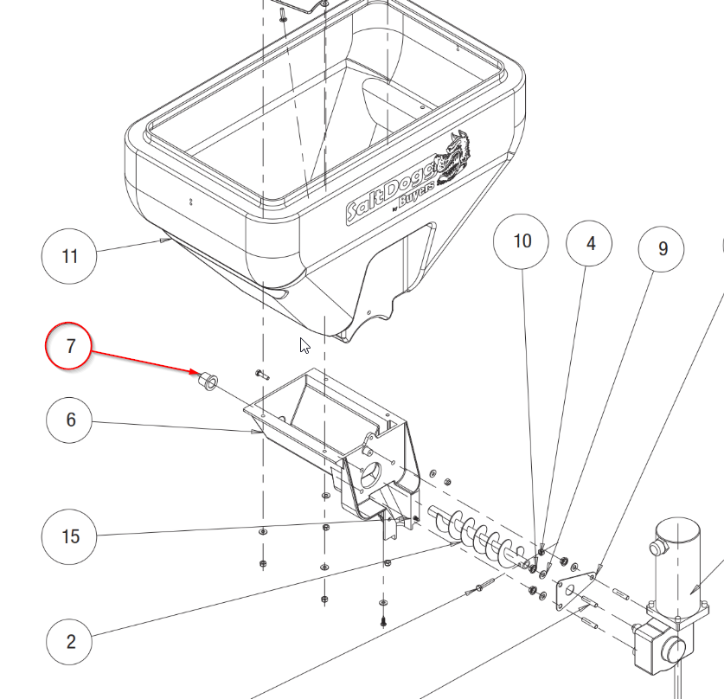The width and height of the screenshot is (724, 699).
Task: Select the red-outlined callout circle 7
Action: tap(71, 346)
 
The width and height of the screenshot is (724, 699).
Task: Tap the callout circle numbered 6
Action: tap(71, 420)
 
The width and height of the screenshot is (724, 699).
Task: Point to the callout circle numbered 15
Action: tap(71, 536)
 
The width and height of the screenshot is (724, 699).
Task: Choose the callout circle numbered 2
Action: tap(71, 641)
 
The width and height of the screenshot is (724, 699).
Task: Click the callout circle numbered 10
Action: tap(522, 240)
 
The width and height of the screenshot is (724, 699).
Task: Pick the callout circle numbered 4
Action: tap(591, 244)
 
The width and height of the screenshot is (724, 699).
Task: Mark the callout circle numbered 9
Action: tap(663, 249)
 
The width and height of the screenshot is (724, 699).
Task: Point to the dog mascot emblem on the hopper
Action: tap(455, 156)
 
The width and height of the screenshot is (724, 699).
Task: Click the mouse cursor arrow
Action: tap(304, 345)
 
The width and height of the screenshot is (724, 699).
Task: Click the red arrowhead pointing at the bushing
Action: tap(195, 372)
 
